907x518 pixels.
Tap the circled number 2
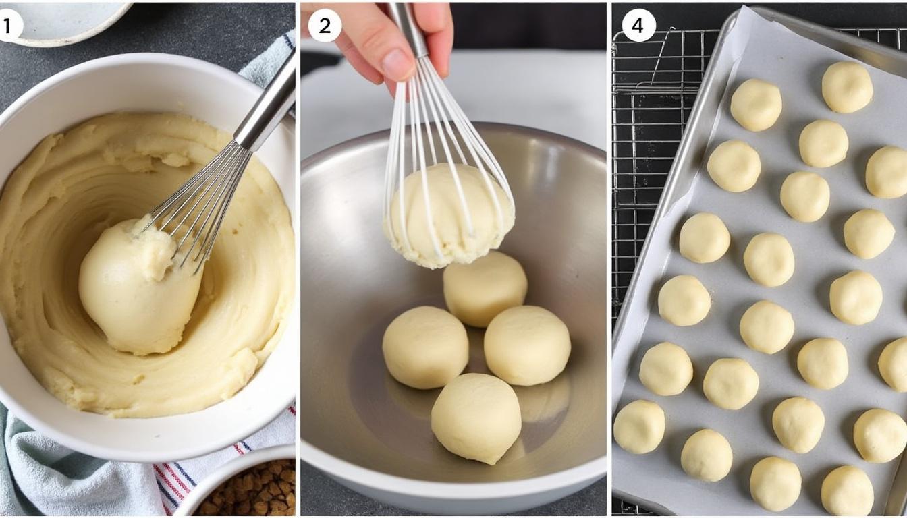click(x=325, y=26)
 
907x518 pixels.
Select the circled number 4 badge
click(x=638, y=26)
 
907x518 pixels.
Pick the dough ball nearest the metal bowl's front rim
click(x=476, y=418)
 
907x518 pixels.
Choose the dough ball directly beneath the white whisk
click(x=485, y=289)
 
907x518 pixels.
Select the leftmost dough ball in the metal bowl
click(x=425, y=347)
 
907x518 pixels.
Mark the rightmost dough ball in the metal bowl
click(x=527, y=345)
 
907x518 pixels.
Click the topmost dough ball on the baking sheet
click(x=847, y=87)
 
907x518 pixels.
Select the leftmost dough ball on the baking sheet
click(x=638, y=427)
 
